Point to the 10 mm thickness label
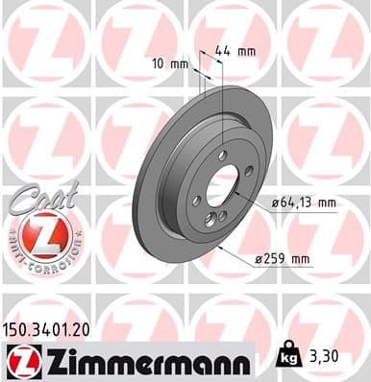[171, 64]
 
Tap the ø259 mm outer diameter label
[284, 259]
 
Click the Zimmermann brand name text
[144, 361]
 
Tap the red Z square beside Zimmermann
[20, 362]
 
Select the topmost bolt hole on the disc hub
[223, 155]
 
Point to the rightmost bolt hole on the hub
[248, 171]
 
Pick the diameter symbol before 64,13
[274, 203]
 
